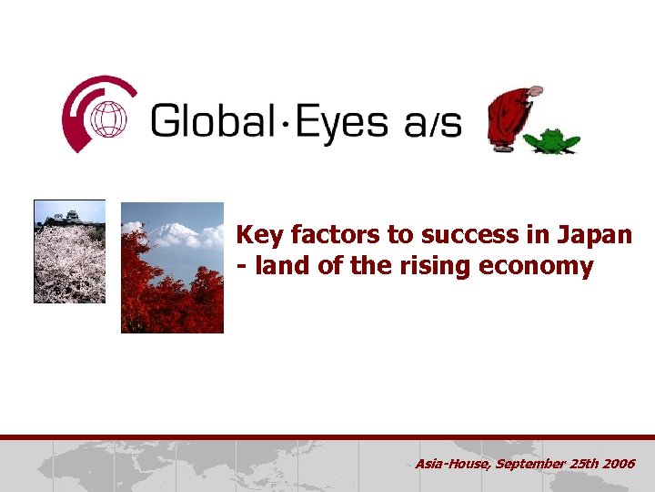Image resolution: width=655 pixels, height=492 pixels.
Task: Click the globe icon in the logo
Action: point(110,119)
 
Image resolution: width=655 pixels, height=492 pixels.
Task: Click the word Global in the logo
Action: point(212,118)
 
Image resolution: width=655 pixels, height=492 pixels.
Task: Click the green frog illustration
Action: point(551,141)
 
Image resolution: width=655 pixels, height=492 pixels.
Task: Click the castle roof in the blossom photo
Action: point(64,217)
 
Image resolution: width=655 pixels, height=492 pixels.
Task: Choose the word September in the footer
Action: point(532,465)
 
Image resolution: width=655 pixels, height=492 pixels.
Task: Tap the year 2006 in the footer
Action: point(620,465)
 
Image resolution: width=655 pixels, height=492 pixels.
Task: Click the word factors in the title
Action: point(333,235)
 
